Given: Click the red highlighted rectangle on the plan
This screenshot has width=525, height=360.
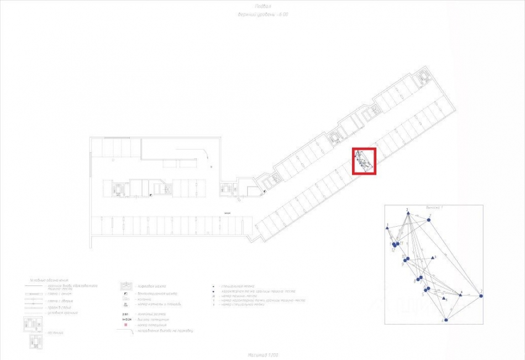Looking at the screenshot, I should (x=365, y=161).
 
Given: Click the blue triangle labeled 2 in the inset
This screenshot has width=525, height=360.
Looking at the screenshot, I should (x=407, y=213).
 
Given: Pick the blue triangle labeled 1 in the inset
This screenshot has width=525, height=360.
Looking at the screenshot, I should (x=387, y=228).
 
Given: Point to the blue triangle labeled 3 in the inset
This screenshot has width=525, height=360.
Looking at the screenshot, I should (x=433, y=257).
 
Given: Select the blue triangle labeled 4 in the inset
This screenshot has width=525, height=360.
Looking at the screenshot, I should (x=460, y=295).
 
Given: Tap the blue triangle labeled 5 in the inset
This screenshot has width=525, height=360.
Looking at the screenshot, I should (x=443, y=298).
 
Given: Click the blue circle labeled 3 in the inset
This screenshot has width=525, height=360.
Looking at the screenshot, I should (x=481, y=296).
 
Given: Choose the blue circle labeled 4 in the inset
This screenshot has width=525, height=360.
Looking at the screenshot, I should (x=446, y=320).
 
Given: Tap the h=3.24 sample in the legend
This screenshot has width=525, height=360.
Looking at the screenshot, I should (x=126, y=320).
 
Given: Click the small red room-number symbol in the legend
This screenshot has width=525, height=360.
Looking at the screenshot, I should (x=125, y=325).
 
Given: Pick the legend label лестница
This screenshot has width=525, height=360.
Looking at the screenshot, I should (x=55, y=333).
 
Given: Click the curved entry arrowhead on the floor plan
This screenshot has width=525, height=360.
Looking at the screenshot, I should (x=205, y=157).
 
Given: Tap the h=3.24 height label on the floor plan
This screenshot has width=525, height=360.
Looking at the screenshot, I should (x=227, y=212).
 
